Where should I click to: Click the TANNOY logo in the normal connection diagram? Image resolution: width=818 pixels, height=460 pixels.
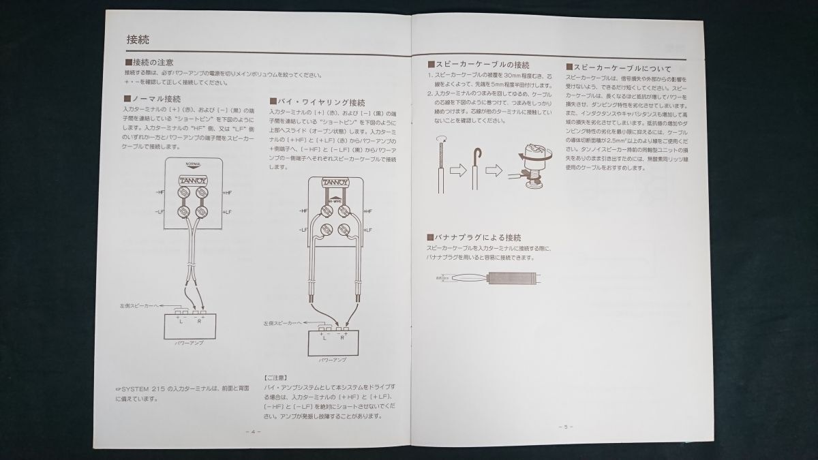194,180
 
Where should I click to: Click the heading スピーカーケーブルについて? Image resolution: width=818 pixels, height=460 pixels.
618,69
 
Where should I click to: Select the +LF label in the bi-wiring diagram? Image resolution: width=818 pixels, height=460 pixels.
368,230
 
